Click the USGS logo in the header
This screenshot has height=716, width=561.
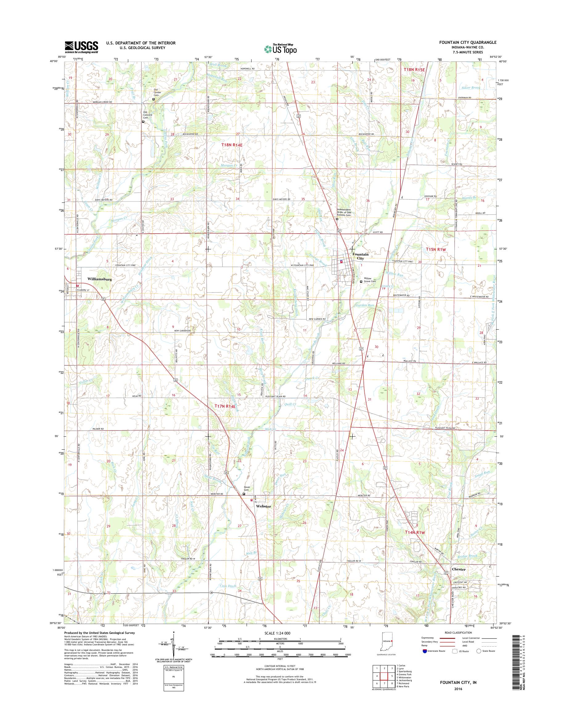pos(81,47)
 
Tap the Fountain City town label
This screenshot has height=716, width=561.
pos(360,256)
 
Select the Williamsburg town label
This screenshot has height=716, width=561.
pos(99,279)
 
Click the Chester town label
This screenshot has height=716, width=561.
pos(459,569)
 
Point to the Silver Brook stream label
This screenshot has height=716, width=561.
pos(470,88)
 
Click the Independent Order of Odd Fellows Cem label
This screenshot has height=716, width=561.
pos(344,212)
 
